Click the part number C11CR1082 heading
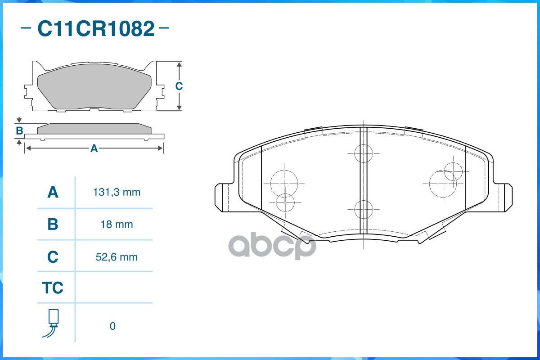click(x=96, y=28)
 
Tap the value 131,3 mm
click(x=117, y=192)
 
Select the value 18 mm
click(x=117, y=224)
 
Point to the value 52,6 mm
click(x=117, y=257)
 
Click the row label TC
click(x=53, y=288)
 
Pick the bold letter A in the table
click(x=53, y=192)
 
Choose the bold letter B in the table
click(x=53, y=224)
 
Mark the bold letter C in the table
click(x=53, y=257)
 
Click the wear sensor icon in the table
click(x=52, y=323)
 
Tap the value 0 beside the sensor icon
click(x=112, y=326)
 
